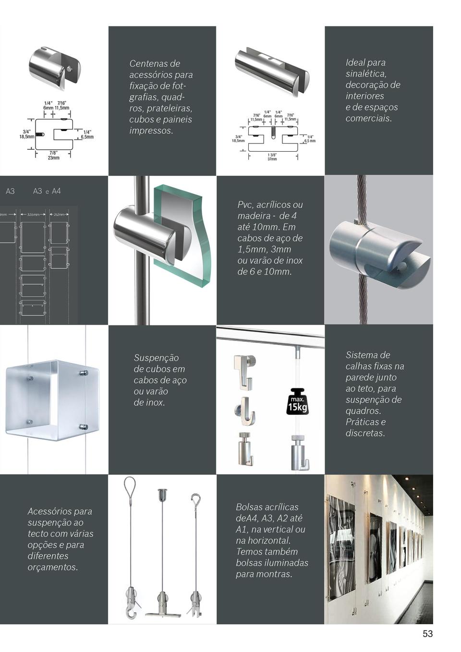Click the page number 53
click(427, 634)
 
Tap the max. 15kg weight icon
click(297, 401)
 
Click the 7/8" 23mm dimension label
click(53, 155)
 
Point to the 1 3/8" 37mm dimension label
click(272, 157)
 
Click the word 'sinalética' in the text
click(365, 73)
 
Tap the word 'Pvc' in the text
click(245, 205)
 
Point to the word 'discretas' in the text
click(364, 433)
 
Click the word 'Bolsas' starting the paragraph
click(249, 507)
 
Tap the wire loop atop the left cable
click(129, 487)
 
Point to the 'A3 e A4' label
click(47, 191)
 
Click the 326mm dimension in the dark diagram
click(33, 214)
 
